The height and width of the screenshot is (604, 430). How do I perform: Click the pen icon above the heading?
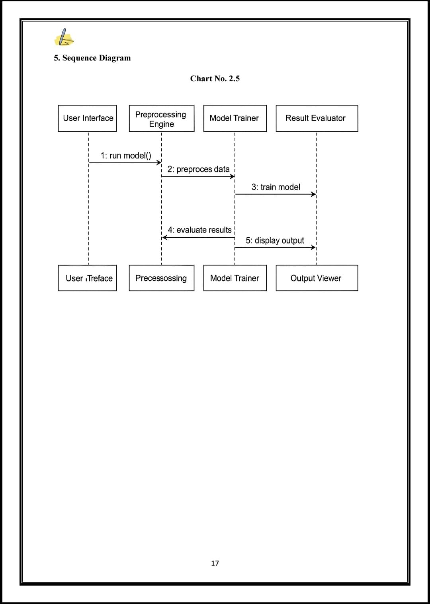pos(64,37)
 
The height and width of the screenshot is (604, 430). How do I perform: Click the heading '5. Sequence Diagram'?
pos(92,58)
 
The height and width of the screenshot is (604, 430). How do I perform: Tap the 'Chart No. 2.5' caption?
pos(215,78)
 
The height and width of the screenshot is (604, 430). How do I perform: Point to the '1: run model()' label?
pos(126,156)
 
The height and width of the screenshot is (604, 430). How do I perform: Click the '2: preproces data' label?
pos(198,169)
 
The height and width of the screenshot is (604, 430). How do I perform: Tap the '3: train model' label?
pos(276,187)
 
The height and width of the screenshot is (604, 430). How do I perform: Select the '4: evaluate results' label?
pos(200,230)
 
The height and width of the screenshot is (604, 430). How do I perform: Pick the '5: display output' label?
pos(275,240)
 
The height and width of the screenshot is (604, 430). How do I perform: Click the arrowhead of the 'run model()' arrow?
pos(159,162)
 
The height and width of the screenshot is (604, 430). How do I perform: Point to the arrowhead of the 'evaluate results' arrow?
pos(164,238)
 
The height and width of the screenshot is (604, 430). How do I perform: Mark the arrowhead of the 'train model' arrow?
pos(313,194)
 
